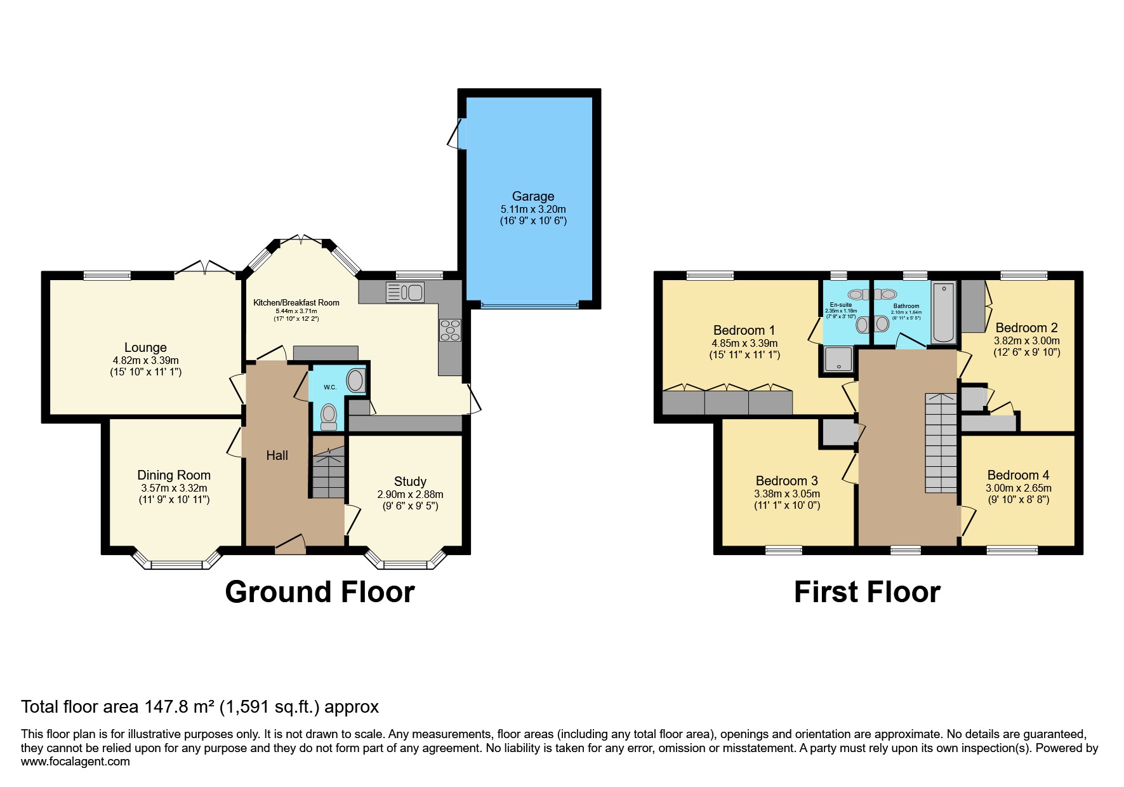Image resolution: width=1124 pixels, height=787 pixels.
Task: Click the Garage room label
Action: [x=533, y=196]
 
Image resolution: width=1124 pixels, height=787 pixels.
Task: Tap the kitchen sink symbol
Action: [x=405, y=292]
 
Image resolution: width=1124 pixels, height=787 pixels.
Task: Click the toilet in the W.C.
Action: [x=329, y=414]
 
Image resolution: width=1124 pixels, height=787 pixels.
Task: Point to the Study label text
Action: [x=410, y=481]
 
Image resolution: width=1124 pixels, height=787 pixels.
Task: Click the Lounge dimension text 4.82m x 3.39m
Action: [x=145, y=360]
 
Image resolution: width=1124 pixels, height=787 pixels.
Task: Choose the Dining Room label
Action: [x=174, y=475]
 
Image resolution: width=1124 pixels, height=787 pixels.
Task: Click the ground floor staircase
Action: [x=328, y=473]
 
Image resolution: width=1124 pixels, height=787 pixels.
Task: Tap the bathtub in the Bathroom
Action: [x=944, y=313]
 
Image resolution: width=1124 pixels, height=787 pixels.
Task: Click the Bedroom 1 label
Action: [x=744, y=330]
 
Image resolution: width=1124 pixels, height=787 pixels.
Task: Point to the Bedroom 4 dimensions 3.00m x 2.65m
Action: [x=1018, y=488]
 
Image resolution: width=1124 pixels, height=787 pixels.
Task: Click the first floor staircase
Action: [x=940, y=443]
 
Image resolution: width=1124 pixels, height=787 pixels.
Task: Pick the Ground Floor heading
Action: [x=320, y=592]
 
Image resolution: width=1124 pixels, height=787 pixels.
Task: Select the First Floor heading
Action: [x=866, y=592]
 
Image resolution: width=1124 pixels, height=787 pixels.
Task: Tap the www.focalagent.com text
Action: [x=75, y=762]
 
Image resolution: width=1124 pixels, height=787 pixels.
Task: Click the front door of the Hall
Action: [x=291, y=544]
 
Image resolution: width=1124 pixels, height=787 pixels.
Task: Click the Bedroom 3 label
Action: [x=786, y=481]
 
